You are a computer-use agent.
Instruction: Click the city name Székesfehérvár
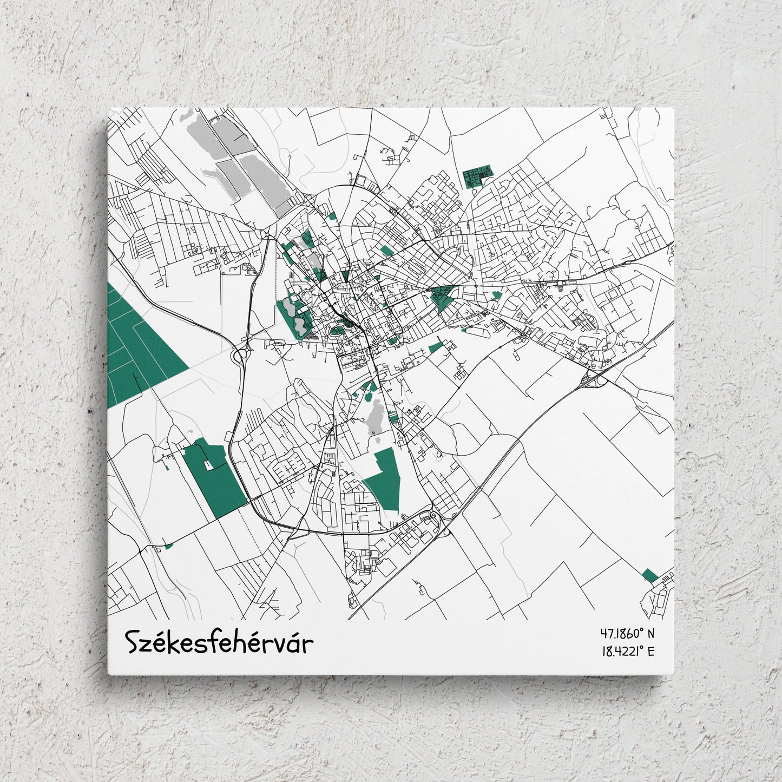point(220,642)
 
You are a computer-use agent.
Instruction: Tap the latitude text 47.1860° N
point(627,633)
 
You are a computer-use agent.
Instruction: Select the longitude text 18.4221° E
point(627,651)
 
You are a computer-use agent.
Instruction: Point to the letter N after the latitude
point(650,633)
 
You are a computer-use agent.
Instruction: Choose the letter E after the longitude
point(650,651)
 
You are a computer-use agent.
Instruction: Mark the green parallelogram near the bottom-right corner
point(649,575)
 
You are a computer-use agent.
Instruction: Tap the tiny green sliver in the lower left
point(168,546)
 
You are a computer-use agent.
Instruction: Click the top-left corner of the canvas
point(108,108)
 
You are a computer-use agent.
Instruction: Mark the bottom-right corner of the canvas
point(674,674)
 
